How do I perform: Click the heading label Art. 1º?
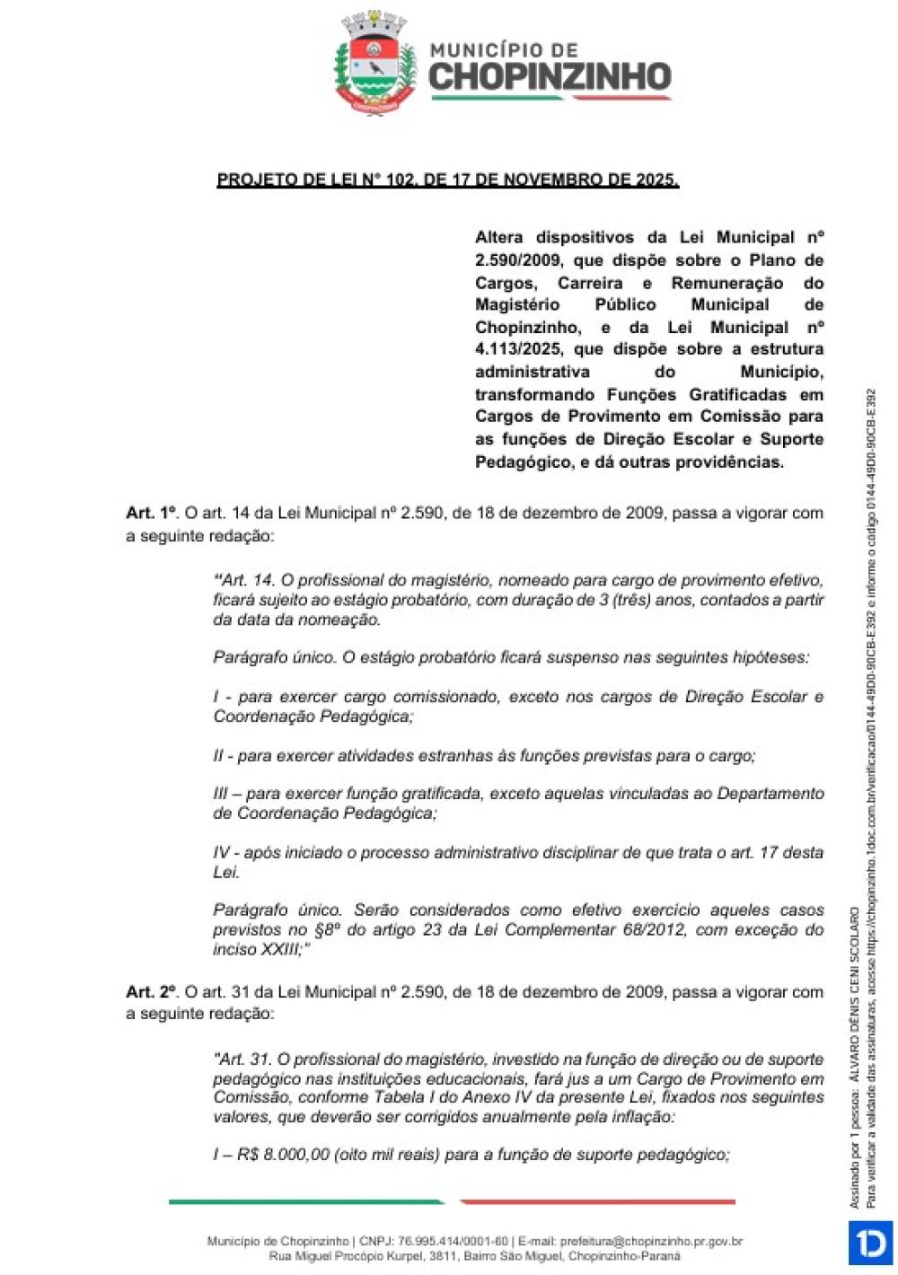pos(152,514)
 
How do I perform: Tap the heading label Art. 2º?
pos(152,992)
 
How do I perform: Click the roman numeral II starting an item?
pos(219,756)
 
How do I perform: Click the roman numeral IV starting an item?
pos(222,852)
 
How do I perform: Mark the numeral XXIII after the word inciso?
pos(281,949)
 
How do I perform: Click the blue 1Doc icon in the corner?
pos(870,1243)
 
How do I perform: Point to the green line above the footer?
pos(305,1201)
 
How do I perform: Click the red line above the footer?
pos(597,1201)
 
